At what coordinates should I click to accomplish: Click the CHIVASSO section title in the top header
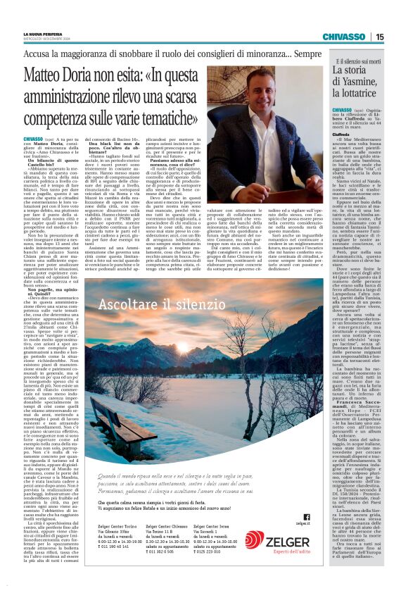click(344, 37)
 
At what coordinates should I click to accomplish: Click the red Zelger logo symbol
click(254, 540)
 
